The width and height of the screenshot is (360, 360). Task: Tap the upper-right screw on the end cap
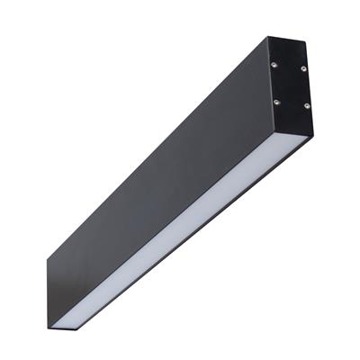303,68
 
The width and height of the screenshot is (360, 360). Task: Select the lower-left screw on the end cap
275,101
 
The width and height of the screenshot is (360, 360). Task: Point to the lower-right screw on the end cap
306,106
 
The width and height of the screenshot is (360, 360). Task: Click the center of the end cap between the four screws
290,84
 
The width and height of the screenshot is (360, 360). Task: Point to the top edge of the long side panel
153,148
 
